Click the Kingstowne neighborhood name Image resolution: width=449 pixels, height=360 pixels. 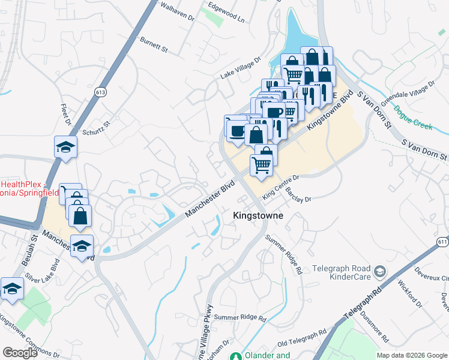click(258, 215)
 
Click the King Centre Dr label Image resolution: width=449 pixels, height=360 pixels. click(280, 186)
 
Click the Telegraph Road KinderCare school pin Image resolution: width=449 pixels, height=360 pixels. click(379, 272)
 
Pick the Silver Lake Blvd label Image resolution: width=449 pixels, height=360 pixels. click(39, 272)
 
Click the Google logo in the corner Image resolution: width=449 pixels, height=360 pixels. click(20, 353)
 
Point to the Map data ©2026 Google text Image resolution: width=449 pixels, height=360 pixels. click(412, 355)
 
